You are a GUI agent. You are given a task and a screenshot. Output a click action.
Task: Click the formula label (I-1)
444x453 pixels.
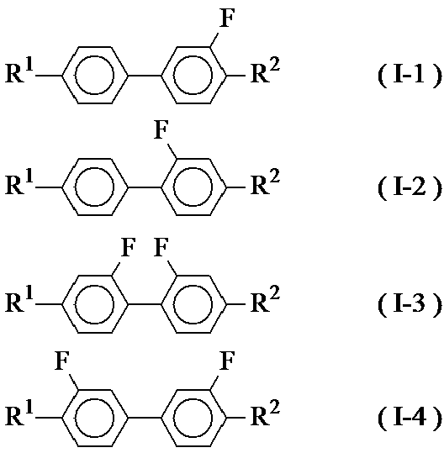[x=410, y=76]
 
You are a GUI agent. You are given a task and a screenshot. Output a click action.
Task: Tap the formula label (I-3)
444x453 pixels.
[x=410, y=305]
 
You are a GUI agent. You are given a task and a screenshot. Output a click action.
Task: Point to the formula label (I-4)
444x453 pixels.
[x=410, y=418]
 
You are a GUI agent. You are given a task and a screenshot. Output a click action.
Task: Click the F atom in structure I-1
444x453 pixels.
[x=227, y=18]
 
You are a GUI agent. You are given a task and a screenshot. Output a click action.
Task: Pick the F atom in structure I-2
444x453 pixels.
[x=161, y=129]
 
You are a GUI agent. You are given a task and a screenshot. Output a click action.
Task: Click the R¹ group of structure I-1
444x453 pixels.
[x=19, y=71]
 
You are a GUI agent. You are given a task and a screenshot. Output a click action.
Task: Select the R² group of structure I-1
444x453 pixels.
[x=266, y=71]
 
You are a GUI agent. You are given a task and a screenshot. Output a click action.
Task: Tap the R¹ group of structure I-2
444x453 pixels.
[x=19, y=182]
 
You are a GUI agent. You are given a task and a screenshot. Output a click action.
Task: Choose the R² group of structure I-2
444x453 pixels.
[x=266, y=182]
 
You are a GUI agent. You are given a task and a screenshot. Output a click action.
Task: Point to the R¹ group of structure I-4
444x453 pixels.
[x=19, y=413]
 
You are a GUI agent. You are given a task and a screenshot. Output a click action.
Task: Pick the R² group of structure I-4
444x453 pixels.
[x=266, y=413]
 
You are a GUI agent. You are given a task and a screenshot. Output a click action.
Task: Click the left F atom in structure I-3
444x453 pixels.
[x=128, y=247]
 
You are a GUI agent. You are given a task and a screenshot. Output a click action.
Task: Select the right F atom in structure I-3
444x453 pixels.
[x=161, y=247]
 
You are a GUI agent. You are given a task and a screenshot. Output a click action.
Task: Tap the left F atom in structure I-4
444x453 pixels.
[x=62, y=361]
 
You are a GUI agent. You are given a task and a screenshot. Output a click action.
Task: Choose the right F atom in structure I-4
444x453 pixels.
[x=227, y=361]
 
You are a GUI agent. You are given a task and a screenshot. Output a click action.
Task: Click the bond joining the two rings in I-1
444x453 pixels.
[x=145, y=76]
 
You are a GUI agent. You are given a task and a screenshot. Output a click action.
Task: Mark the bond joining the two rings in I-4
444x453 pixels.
[x=145, y=418]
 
